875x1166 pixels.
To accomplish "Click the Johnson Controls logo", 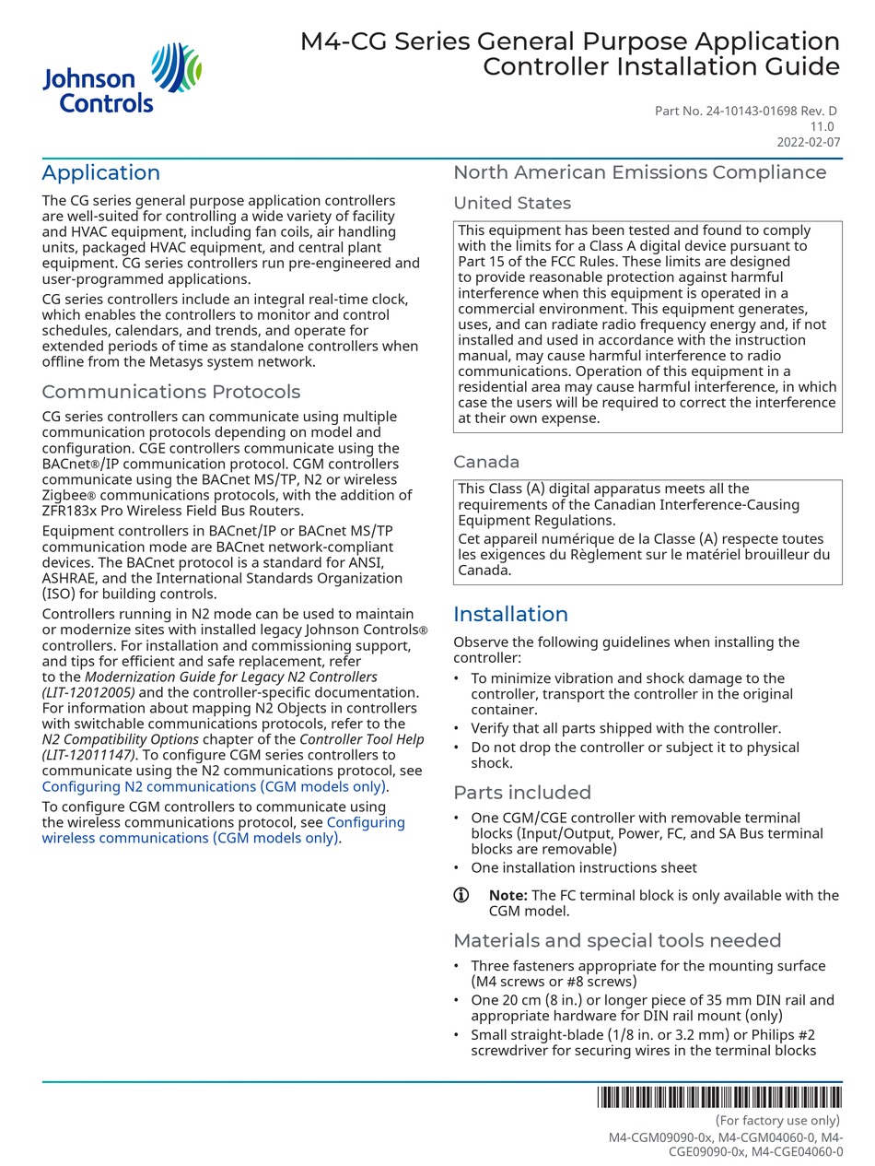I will point(122,78).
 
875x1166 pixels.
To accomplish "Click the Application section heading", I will point(100,173).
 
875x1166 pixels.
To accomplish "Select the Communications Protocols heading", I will point(170,392).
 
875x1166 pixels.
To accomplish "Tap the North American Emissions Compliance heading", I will point(639,172).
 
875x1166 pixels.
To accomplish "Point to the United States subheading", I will point(511,204).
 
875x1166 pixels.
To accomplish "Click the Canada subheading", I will point(485,462).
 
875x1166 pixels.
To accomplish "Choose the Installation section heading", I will point(510,615).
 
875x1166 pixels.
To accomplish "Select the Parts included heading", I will point(521,793).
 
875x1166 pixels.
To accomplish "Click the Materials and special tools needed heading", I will point(616,941).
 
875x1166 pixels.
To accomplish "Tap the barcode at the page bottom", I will point(718,1097).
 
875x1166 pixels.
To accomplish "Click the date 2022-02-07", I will point(808,143).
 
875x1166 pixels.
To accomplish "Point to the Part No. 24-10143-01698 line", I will point(745,112).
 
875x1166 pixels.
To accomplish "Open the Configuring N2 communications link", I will point(214,787).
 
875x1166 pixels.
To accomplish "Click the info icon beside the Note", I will point(461,895).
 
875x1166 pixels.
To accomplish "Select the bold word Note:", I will point(507,896).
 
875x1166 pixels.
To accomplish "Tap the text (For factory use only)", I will point(777,1121).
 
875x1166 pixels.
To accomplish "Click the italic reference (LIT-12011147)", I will point(87,756).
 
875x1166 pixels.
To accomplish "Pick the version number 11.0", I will point(822,127).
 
